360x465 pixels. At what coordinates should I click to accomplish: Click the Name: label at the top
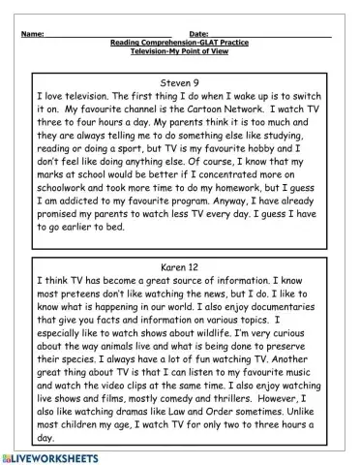click(32, 34)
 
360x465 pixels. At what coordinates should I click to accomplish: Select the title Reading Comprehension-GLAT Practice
click(180, 43)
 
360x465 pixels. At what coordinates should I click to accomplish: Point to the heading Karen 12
click(180, 263)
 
